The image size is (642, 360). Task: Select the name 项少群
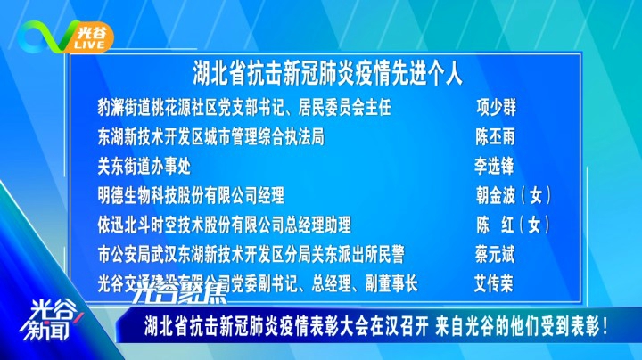495,108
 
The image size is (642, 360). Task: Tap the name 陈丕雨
495,137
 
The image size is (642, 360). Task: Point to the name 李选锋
495,167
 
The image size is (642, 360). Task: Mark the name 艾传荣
495,284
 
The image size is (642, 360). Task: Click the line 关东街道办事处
144,167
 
